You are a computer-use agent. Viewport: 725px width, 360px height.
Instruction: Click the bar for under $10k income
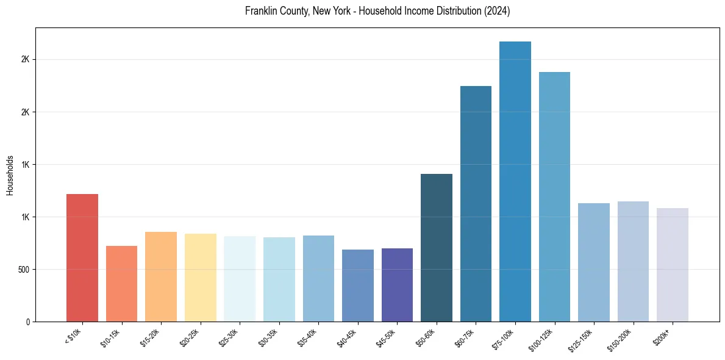82,257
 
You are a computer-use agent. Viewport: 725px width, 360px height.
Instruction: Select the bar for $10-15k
121,284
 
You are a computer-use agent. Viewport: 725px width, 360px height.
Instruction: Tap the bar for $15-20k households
161,276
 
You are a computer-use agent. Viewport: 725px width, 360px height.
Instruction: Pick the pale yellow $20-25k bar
200,278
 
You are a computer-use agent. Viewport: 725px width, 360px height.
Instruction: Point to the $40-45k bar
358,286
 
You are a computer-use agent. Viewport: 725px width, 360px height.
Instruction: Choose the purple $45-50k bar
397,285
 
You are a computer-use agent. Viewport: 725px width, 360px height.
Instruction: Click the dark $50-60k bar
437,248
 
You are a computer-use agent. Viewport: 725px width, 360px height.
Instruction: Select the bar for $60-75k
476,204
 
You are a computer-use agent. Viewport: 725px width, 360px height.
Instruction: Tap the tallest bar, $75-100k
515,181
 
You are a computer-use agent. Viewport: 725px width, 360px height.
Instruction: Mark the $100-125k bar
554,196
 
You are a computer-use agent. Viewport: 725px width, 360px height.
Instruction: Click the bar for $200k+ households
673,265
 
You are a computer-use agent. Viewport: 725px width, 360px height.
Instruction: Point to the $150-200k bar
633,261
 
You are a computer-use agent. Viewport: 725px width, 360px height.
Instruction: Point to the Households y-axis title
10,175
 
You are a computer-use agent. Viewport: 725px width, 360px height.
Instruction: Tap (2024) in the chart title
497,11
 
